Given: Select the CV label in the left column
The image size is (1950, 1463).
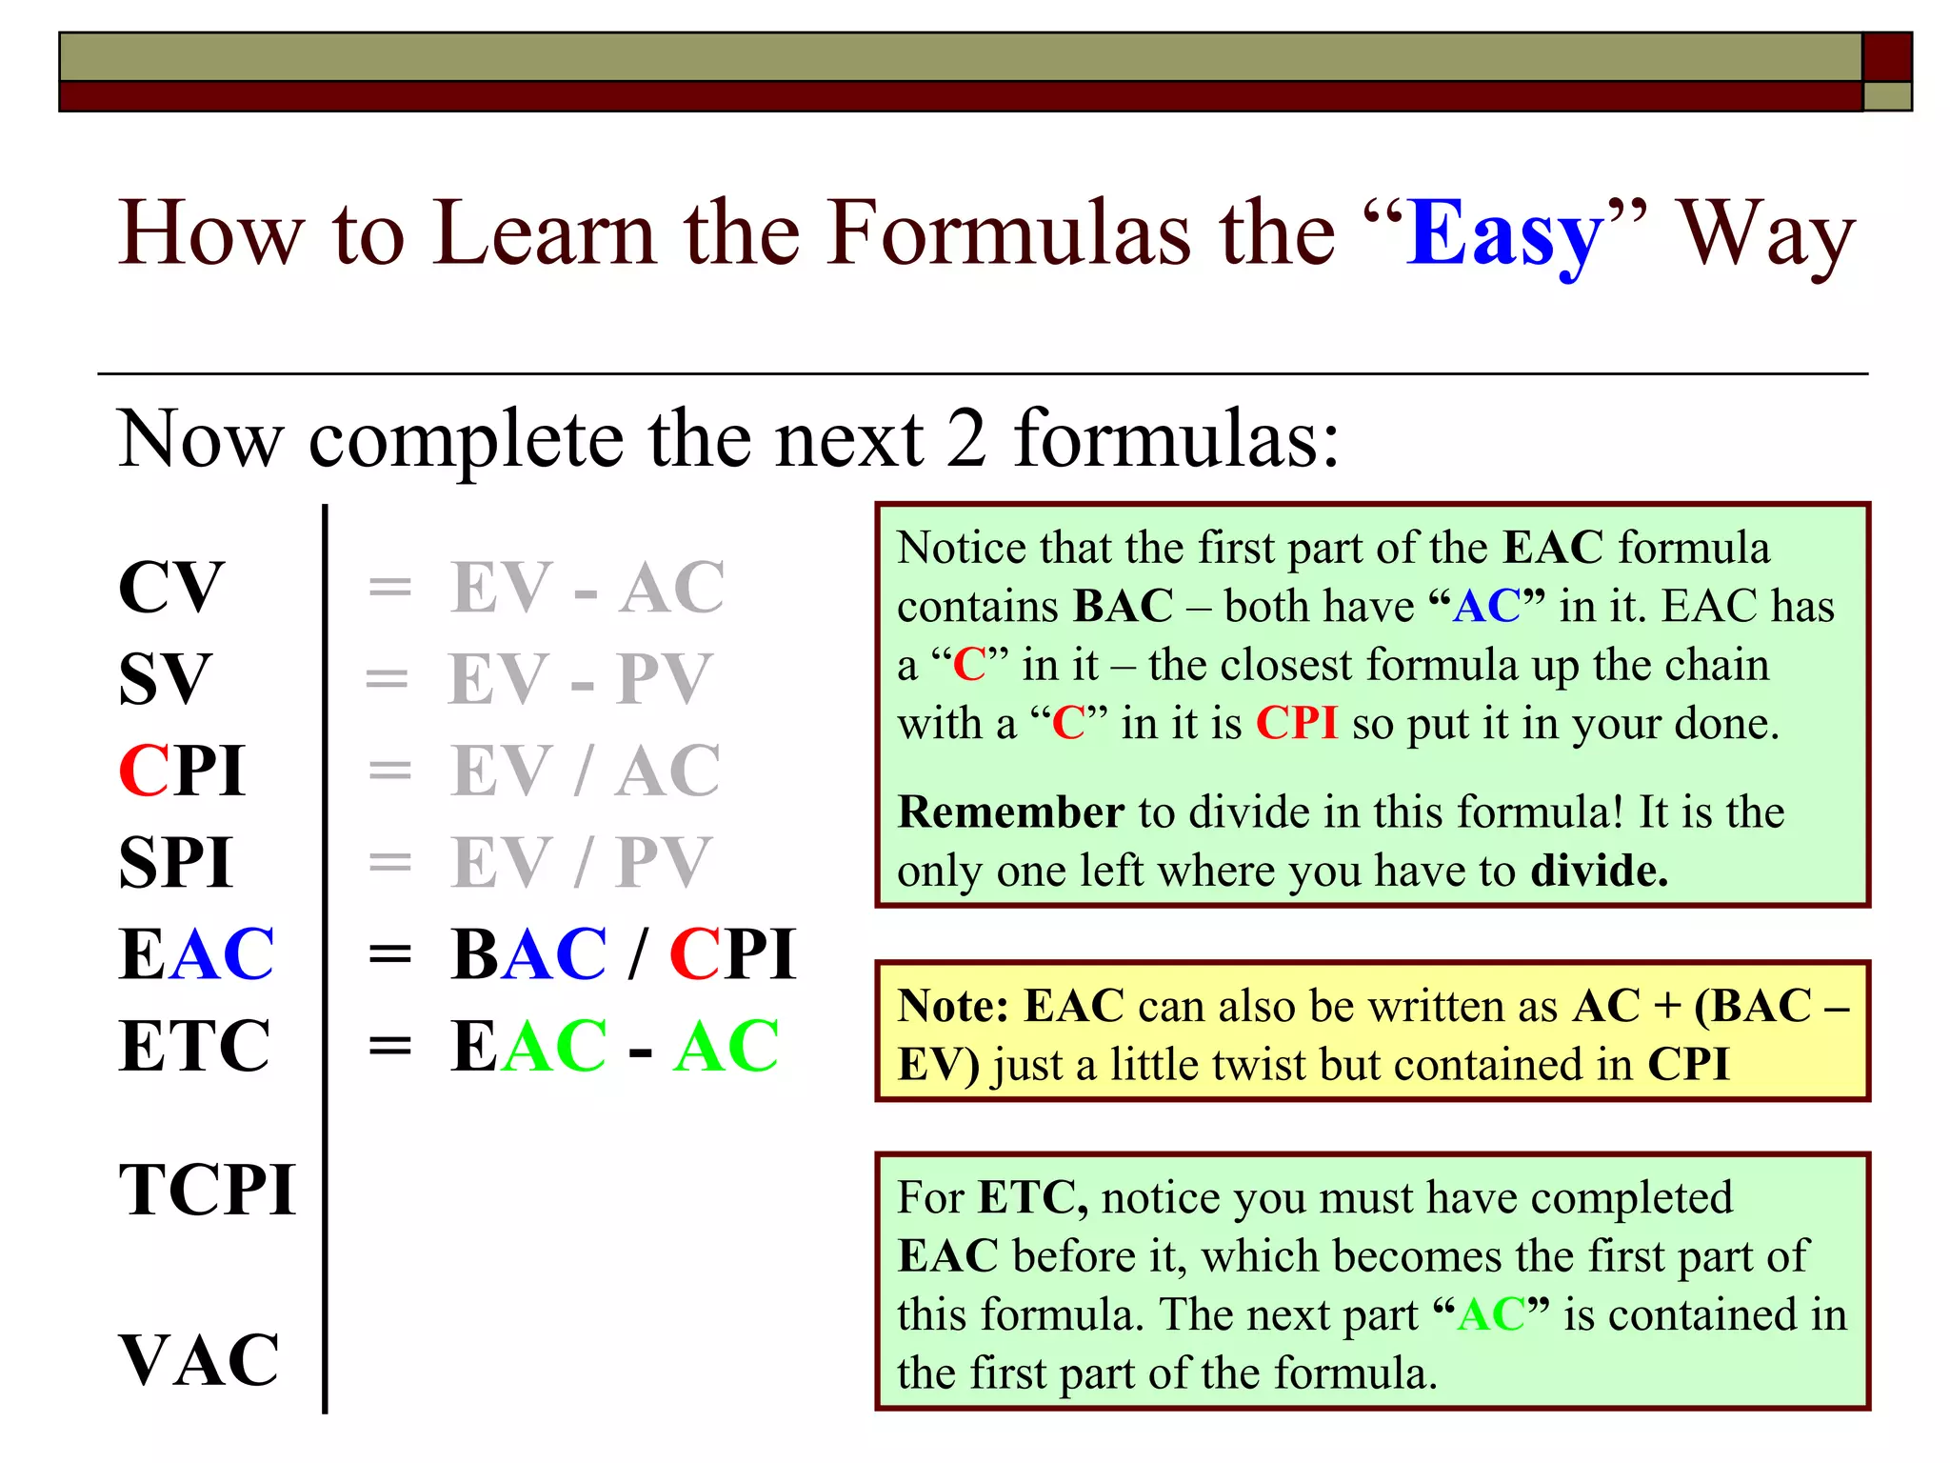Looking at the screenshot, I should pos(171,588).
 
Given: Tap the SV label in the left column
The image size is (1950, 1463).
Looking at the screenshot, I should pos(165,679).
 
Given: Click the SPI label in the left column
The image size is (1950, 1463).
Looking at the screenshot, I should pos(176,863).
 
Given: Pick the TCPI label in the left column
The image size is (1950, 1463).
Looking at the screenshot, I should pos(207,1191).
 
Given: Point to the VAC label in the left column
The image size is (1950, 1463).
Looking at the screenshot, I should pos(199,1360).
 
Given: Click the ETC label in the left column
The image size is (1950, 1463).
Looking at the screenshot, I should pos(195,1046).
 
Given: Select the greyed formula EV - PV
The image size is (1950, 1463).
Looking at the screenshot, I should pos(580,679).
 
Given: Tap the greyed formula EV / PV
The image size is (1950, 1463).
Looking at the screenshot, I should pos(580,863).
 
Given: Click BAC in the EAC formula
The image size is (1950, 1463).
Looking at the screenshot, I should pos(528,954).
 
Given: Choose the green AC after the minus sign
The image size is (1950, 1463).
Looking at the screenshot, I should pos(726,1046).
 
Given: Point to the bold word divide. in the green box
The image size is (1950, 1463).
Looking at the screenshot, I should pos(1600,871).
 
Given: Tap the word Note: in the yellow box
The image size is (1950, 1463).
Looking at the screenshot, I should pos(953,1006).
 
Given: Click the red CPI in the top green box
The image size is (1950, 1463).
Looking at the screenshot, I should pos(1297,723).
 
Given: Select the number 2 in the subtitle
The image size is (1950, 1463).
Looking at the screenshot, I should pos(965,439).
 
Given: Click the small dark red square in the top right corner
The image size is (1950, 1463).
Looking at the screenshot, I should pos(1887,57).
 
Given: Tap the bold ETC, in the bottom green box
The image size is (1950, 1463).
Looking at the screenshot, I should pos(1033,1198).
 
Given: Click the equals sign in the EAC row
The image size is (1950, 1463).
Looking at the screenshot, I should pos(389,954).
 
